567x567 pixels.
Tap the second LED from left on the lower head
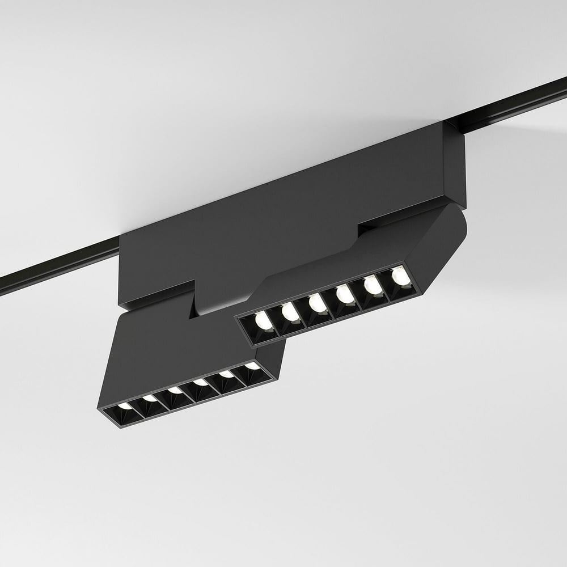click(x=150, y=398)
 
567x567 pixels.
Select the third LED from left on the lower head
click(x=175, y=391)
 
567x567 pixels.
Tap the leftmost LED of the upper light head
click(x=261, y=321)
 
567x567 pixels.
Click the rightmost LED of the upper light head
click(x=399, y=276)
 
